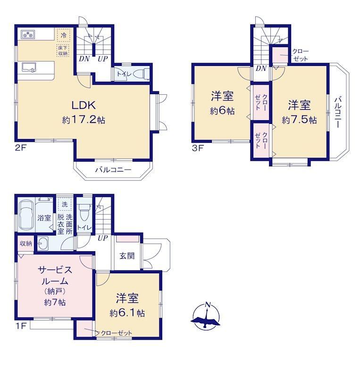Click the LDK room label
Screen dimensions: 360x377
84,105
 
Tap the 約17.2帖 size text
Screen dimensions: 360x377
84,120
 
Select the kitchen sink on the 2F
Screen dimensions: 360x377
29,67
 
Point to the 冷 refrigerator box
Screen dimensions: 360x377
64,35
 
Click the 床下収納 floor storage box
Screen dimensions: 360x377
63,50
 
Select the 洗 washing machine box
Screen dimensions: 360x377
65,204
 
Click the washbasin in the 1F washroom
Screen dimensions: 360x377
42,243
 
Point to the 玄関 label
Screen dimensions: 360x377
127,255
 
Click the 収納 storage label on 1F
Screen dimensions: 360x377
26,243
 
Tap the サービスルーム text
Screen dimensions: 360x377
55,275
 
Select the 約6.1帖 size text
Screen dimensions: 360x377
127,313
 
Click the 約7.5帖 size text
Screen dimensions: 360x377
299,120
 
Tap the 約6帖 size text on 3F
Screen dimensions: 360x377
222,111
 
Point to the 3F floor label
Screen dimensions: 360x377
198,148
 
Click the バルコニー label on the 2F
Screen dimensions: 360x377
113,170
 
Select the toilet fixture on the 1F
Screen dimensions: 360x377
84,212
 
